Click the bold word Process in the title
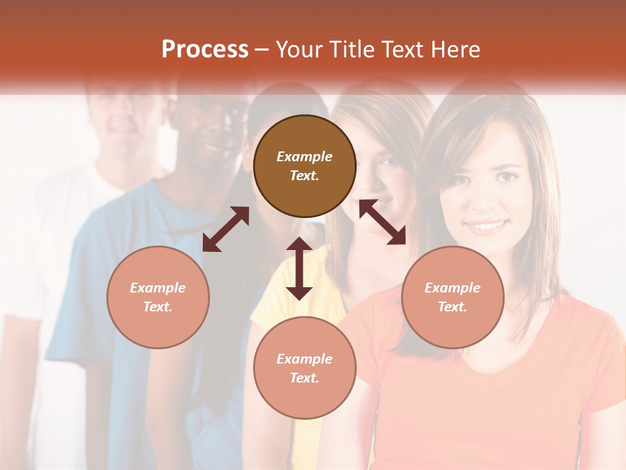(205, 50)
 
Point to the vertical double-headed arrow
(299, 268)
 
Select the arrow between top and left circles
(226, 228)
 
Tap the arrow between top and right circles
(382, 222)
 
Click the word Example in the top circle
(305, 157)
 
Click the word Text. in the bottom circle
(305, 378)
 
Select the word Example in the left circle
(158, 288)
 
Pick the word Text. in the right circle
(453, 307)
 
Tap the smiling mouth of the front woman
(486, 227)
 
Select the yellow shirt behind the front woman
(287, 287)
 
